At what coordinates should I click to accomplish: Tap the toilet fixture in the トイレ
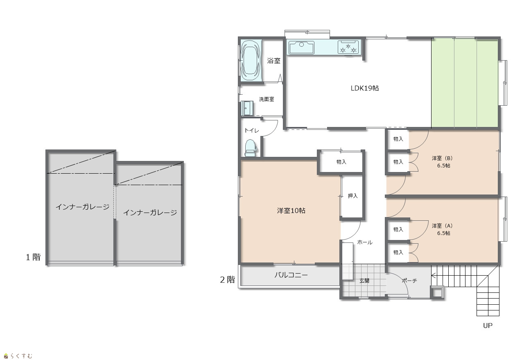coord(250,148)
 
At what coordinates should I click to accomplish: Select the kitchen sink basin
coord(301,47)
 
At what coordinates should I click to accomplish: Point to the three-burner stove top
coord(348,47)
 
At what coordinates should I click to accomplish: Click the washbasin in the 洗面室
coord(247,108)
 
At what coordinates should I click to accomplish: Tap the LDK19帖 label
coord(365,88)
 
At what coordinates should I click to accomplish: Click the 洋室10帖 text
coord(291,211)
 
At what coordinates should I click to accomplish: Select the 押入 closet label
coord(352,196)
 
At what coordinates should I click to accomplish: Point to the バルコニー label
coord(291,275)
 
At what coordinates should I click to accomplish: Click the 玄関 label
coord(364,281)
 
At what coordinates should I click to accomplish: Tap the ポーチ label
coord(409,281)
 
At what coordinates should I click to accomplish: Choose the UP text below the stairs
coord(488,326)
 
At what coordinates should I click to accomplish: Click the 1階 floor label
coord(33,257)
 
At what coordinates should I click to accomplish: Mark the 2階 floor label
coord(227,280)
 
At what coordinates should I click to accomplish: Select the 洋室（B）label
coord(442,158)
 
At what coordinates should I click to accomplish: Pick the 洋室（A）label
coord(442,226)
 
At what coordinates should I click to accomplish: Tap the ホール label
coord(365,242)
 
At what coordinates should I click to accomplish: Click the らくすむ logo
coord(18,356)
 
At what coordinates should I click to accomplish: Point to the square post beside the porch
coord(437,292)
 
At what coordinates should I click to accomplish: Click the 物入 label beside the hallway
coord(341,162)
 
